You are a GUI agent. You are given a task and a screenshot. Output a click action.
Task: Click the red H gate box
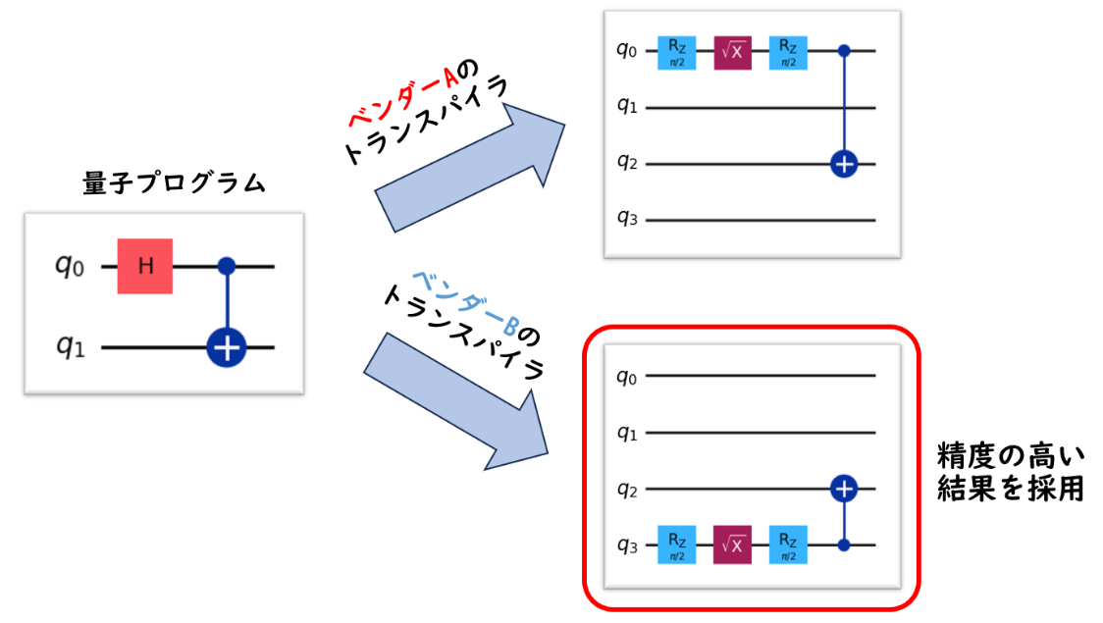pos(145,265)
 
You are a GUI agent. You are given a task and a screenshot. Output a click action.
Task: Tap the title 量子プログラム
pos(174,183)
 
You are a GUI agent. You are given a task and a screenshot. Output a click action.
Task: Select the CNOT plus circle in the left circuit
pos(226,347)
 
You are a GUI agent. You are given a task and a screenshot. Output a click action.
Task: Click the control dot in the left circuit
pos(226,265)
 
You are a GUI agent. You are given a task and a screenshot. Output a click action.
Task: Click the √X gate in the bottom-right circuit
pos(732,543)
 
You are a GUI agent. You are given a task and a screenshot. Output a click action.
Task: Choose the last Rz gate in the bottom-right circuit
pos(788,543)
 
